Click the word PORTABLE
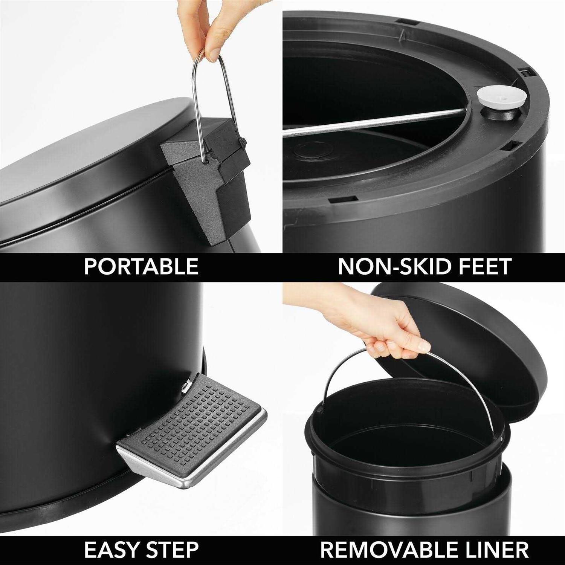pos(141,266)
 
